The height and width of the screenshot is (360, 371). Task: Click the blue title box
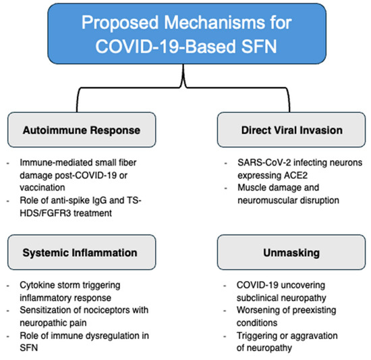[x=187, y=34]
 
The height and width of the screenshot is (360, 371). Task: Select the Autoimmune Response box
[x=82, y=130]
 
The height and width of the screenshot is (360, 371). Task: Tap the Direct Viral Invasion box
[x=291, y=130]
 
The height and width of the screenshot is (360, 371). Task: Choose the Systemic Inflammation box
[x=82, y=252]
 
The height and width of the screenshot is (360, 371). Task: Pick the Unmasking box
[x=291, y=252]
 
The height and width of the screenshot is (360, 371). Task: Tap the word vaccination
[x=42, y=188]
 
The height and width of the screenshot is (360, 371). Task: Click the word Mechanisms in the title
[x=215, y=22]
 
